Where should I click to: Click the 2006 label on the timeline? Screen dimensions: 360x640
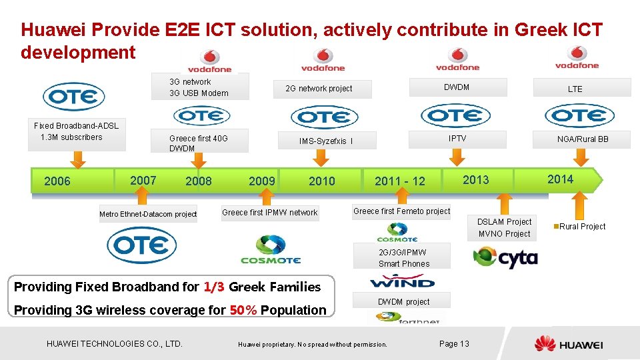[x=57, y=181]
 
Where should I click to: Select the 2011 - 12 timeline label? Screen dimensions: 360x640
[x=399, y=181]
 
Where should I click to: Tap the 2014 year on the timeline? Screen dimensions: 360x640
[x=560, y=179]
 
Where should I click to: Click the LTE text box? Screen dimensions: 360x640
[x=575, y=88]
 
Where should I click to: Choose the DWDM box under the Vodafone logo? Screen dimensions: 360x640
[x=457, y=87]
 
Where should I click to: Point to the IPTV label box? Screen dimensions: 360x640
[x=457, y=139]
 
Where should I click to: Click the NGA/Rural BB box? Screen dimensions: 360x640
[x=583, y=139]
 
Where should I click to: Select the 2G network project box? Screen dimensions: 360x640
[x=319, y=89]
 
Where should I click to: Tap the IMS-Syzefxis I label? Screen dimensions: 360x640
[x=326, y=141]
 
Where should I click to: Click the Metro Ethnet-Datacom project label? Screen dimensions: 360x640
[x=148, y=214]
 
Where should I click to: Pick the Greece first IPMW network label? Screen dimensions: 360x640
[x=269, y=213]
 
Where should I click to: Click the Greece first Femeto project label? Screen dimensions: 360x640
[x=401, y=211]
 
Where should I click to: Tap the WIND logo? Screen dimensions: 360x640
[x=402, y=281]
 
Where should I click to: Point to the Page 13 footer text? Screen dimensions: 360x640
[x=454, y=344]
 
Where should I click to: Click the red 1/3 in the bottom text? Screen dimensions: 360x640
[x=213, y=287]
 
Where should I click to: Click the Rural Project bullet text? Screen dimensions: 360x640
[x=581, y=227]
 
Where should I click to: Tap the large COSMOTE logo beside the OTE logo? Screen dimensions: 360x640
[x=271, y=249]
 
